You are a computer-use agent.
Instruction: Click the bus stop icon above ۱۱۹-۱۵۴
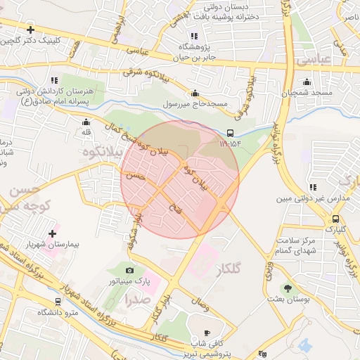(231, 133)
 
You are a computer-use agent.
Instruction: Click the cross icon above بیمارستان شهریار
(52, 233)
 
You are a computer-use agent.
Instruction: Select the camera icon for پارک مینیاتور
(129, 271)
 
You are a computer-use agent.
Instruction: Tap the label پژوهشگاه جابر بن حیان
(193, 53)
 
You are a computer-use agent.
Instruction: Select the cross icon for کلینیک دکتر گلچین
(30, 30)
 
